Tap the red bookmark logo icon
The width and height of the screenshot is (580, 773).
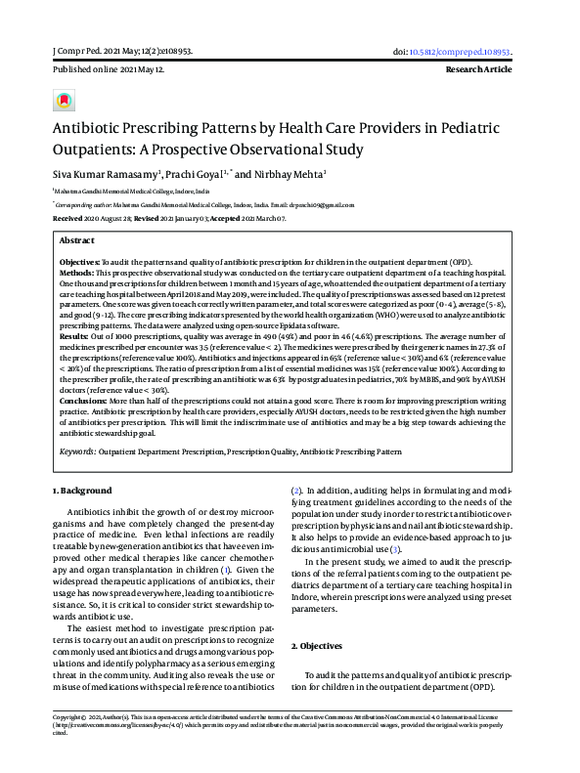[64, 101]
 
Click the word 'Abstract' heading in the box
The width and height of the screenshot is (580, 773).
[77, 240]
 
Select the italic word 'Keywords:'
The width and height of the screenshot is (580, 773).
[80, 452]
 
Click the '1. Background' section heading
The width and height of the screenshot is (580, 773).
[81, 490]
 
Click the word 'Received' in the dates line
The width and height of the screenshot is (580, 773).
[68, 219]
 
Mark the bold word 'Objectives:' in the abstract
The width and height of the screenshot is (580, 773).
[80, 264]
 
